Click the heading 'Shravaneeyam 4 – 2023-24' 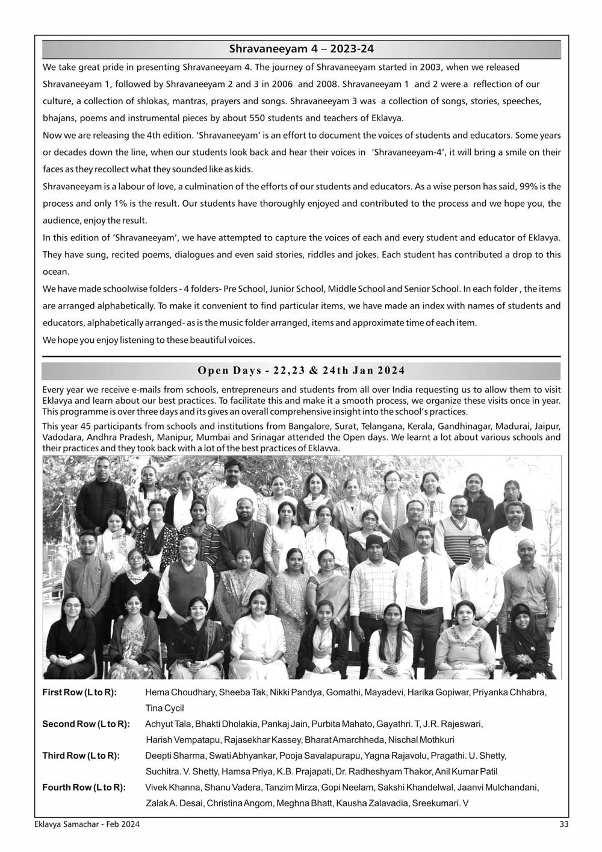tap(302, 49)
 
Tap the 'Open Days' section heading tap(301, 371)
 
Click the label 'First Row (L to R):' tap(79, 692)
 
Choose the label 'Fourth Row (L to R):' tap(84, 787)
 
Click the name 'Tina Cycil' tap(164, 708)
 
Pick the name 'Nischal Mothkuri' tap(421, 740)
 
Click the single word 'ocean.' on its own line tap(56, 272)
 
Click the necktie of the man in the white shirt tap(424, 579)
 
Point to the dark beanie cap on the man tap(374, 540)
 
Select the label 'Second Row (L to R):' tap(85, 724)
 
